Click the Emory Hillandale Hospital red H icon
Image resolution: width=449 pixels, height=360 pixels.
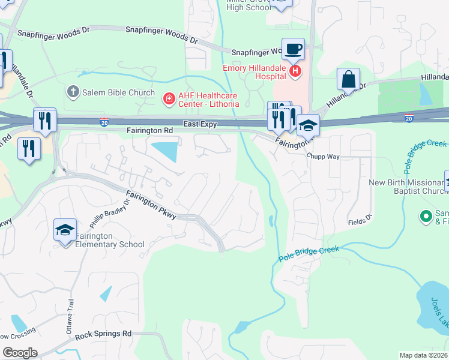[x=295, y=72]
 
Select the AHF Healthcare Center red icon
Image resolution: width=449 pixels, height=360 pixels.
[x=169, y=97]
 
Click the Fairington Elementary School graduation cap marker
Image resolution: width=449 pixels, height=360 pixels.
[x=65, y=230]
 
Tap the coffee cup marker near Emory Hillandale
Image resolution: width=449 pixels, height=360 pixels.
[x=293, y=49]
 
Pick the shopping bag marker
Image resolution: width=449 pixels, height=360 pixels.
[x=348, y=79]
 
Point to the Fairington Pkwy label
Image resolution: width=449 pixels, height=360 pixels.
[x=151, y=205]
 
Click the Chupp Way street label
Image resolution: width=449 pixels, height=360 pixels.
[x=323, y=155]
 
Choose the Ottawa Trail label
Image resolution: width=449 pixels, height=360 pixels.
[x=70, y=317]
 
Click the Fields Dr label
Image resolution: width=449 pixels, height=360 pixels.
[x=360, y=220]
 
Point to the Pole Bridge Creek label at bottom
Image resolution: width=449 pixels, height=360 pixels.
[x=309, y=254]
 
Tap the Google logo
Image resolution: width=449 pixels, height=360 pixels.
[x=20, y=353]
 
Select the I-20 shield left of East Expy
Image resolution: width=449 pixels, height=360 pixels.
[x=104, y=122]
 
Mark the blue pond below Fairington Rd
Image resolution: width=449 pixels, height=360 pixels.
[x=166, y=151]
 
